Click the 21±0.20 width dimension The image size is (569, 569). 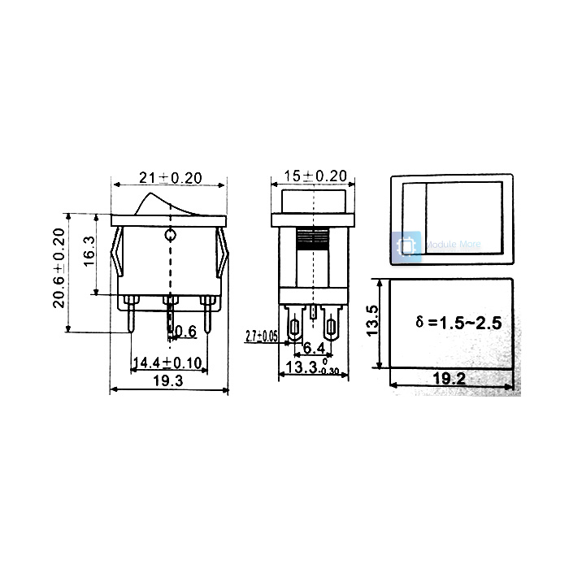pos(170,177)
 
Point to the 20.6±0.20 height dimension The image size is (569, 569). pos(59,267)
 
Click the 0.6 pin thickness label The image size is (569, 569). pos(186,331)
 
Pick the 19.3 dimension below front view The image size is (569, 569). pos(169,380)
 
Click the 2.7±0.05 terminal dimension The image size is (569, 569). pos(261,335)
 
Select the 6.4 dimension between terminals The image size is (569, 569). pos(311,350)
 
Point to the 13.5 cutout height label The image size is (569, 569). pos(371,321)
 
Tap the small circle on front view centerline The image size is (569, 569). pos(170,237)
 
